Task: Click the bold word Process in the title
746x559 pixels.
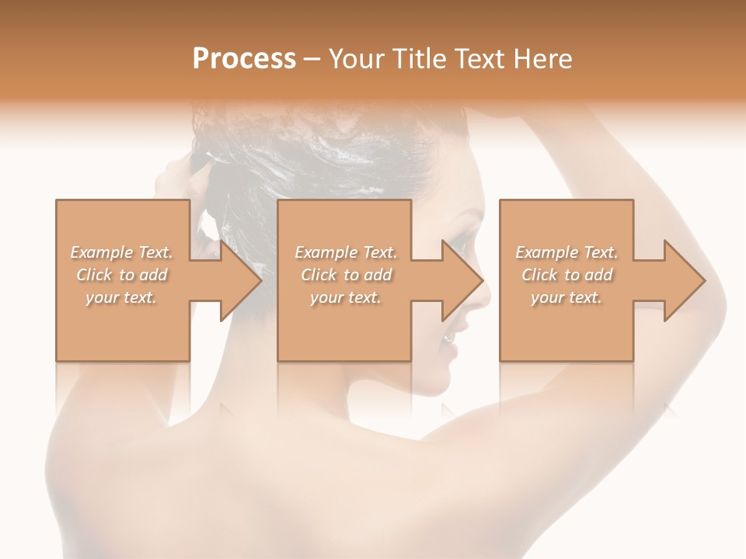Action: (x=244, y=59)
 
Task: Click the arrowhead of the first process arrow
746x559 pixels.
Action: (x=242, y=280)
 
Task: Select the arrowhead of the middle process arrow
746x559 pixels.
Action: (x=463, y=280)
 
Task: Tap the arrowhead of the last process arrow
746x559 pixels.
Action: (x=685, y=280)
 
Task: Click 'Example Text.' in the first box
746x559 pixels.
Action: (x=122, y=252)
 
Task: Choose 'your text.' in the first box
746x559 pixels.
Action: (x=122, y=297)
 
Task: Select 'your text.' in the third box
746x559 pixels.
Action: (x=566, y=297)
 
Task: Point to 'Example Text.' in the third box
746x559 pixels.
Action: (x=566, y=252)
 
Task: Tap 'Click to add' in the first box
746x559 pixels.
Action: (x=122, y=275)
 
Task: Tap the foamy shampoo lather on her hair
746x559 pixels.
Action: (x=326, y=148)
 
